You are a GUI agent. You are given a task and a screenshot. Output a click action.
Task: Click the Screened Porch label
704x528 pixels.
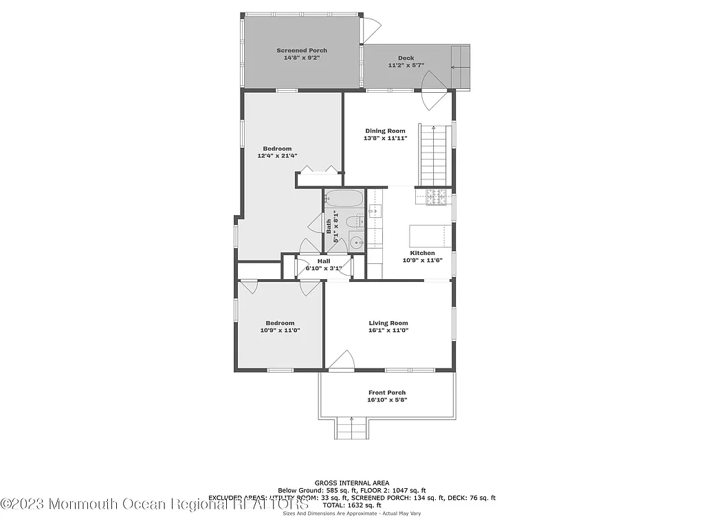(302, 50)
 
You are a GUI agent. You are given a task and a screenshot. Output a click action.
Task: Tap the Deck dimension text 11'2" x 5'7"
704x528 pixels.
(406, 66)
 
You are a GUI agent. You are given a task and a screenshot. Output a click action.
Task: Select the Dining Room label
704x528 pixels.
(385, 131)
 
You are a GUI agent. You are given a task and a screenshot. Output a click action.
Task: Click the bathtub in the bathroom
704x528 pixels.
(343, 200)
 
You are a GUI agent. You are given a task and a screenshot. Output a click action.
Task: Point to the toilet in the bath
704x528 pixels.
(352, 222)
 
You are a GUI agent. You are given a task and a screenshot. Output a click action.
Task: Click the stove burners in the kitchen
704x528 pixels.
(436, 197)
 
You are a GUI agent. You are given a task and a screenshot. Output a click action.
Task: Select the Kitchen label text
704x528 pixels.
(422, 253)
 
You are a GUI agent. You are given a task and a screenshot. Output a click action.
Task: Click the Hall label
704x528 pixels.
(323, 261)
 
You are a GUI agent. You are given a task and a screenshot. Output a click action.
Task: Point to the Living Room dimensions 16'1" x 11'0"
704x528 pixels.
(388, 331)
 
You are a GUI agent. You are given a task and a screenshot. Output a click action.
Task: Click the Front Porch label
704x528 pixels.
(387, 393)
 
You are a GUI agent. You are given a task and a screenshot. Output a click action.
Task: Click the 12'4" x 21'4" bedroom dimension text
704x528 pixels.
(277, 156)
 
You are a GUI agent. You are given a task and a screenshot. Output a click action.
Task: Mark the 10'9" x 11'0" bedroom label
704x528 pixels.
(280, 323)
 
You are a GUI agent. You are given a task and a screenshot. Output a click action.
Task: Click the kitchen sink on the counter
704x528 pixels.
(375, 211)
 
